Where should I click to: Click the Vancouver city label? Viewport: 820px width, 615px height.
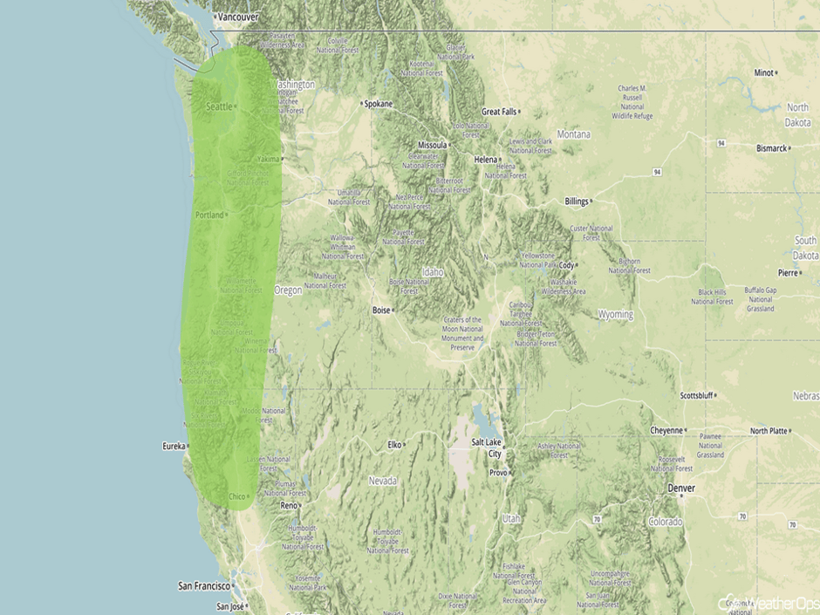click(x=238, y=17)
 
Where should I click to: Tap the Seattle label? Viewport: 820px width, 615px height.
click(x=219, y=106)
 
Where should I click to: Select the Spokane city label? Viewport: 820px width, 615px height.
click(x=379, y=104)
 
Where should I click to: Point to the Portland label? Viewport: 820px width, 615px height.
click(x=209, y=215)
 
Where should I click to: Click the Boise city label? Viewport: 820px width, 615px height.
click(x=381, y=310)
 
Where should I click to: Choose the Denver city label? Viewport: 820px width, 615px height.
click(x=681, y=489)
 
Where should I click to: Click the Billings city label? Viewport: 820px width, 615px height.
click(x=577, y=201)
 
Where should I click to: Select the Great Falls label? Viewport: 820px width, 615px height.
click(x=499, y=112)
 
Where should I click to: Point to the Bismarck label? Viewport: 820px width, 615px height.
click(x=771, y=148)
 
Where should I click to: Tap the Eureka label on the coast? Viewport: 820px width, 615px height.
click(x=174, y=446)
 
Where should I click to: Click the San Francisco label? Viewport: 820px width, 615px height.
click(x=203, y=585)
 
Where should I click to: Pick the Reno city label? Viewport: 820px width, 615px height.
click(x=288, y=505)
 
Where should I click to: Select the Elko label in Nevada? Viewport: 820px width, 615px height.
click(x=395, y=445)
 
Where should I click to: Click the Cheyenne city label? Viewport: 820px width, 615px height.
click(x=667, y=430)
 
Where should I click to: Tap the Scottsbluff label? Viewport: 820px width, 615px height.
click(x=696, y=396)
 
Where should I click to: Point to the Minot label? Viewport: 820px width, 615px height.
click(x=763, y=72)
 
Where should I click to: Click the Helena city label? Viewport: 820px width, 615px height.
click(x=484, y=160)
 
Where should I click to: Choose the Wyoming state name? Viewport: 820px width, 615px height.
click(x=616, y=313)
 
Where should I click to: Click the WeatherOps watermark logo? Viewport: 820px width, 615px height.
click(x=769, y=603)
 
